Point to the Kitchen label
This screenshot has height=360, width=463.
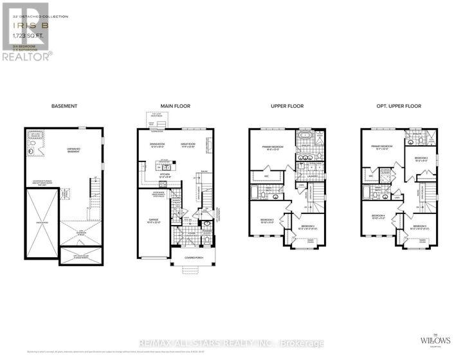167,174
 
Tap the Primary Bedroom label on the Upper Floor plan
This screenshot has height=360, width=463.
274,147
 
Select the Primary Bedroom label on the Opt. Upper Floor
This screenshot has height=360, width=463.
382,147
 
